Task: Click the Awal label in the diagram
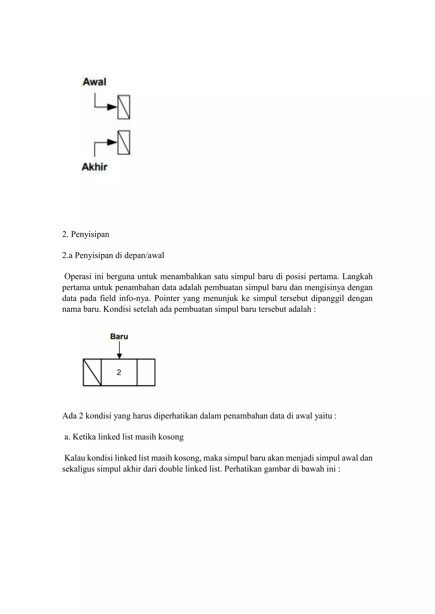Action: pos(94,82)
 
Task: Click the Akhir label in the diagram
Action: pos(94,167)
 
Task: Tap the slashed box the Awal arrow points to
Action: pos(124,107)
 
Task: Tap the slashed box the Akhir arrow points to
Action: pos(124,142)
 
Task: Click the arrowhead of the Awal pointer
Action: pos(112,107)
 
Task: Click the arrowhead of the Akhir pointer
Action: pos(112,142)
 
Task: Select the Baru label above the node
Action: pos(119,336)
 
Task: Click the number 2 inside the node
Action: pos(119,372)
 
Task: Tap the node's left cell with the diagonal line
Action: pos(92,372)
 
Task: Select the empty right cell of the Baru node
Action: pos(146,372)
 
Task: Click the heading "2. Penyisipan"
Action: pos(86,234)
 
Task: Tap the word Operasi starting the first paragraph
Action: pos(78,276)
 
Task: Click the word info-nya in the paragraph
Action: pos(135,298)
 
